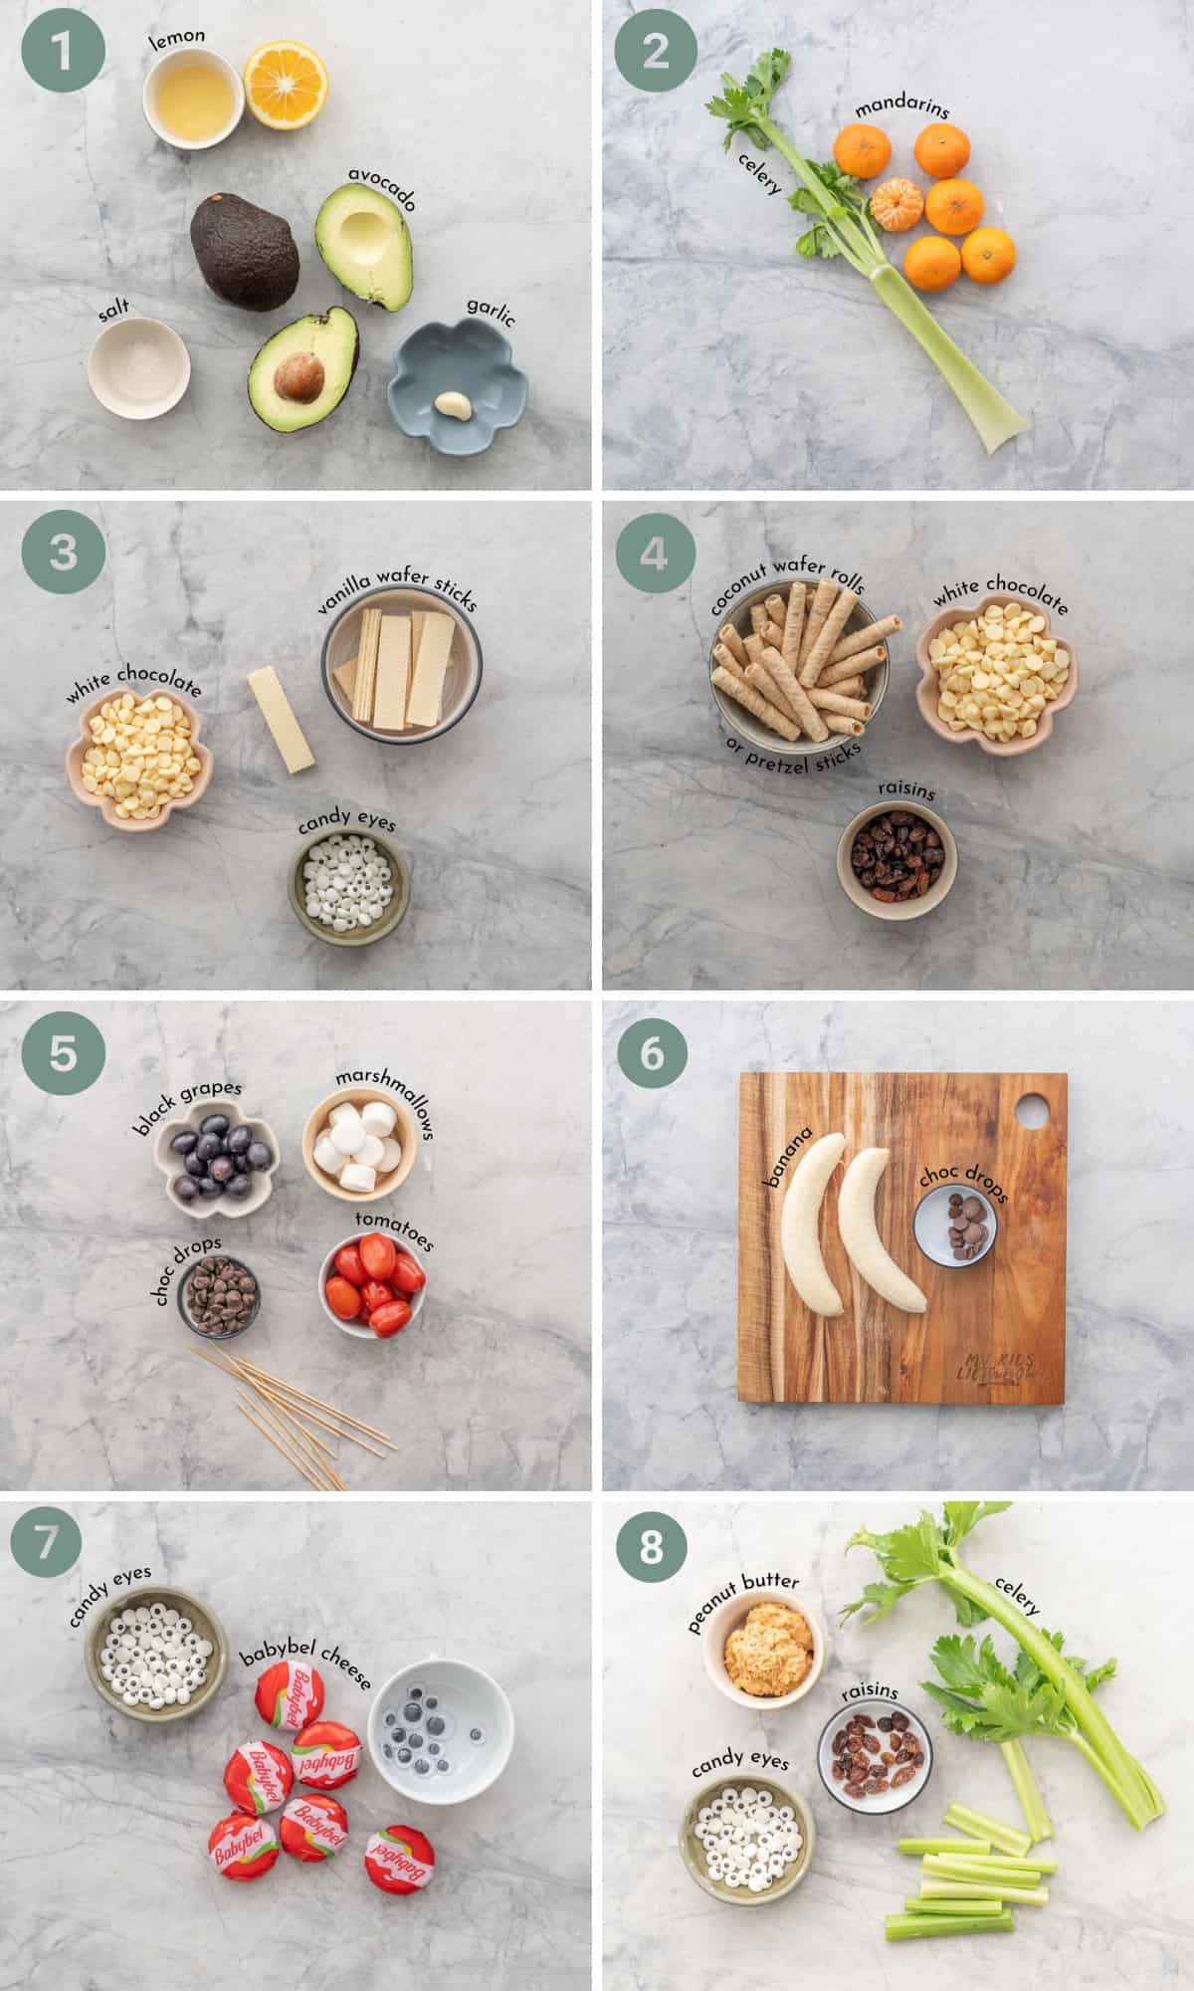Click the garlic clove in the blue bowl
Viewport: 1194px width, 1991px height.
452,404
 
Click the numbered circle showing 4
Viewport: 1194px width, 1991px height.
653,552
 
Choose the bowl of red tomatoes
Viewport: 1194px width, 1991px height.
372,1280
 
